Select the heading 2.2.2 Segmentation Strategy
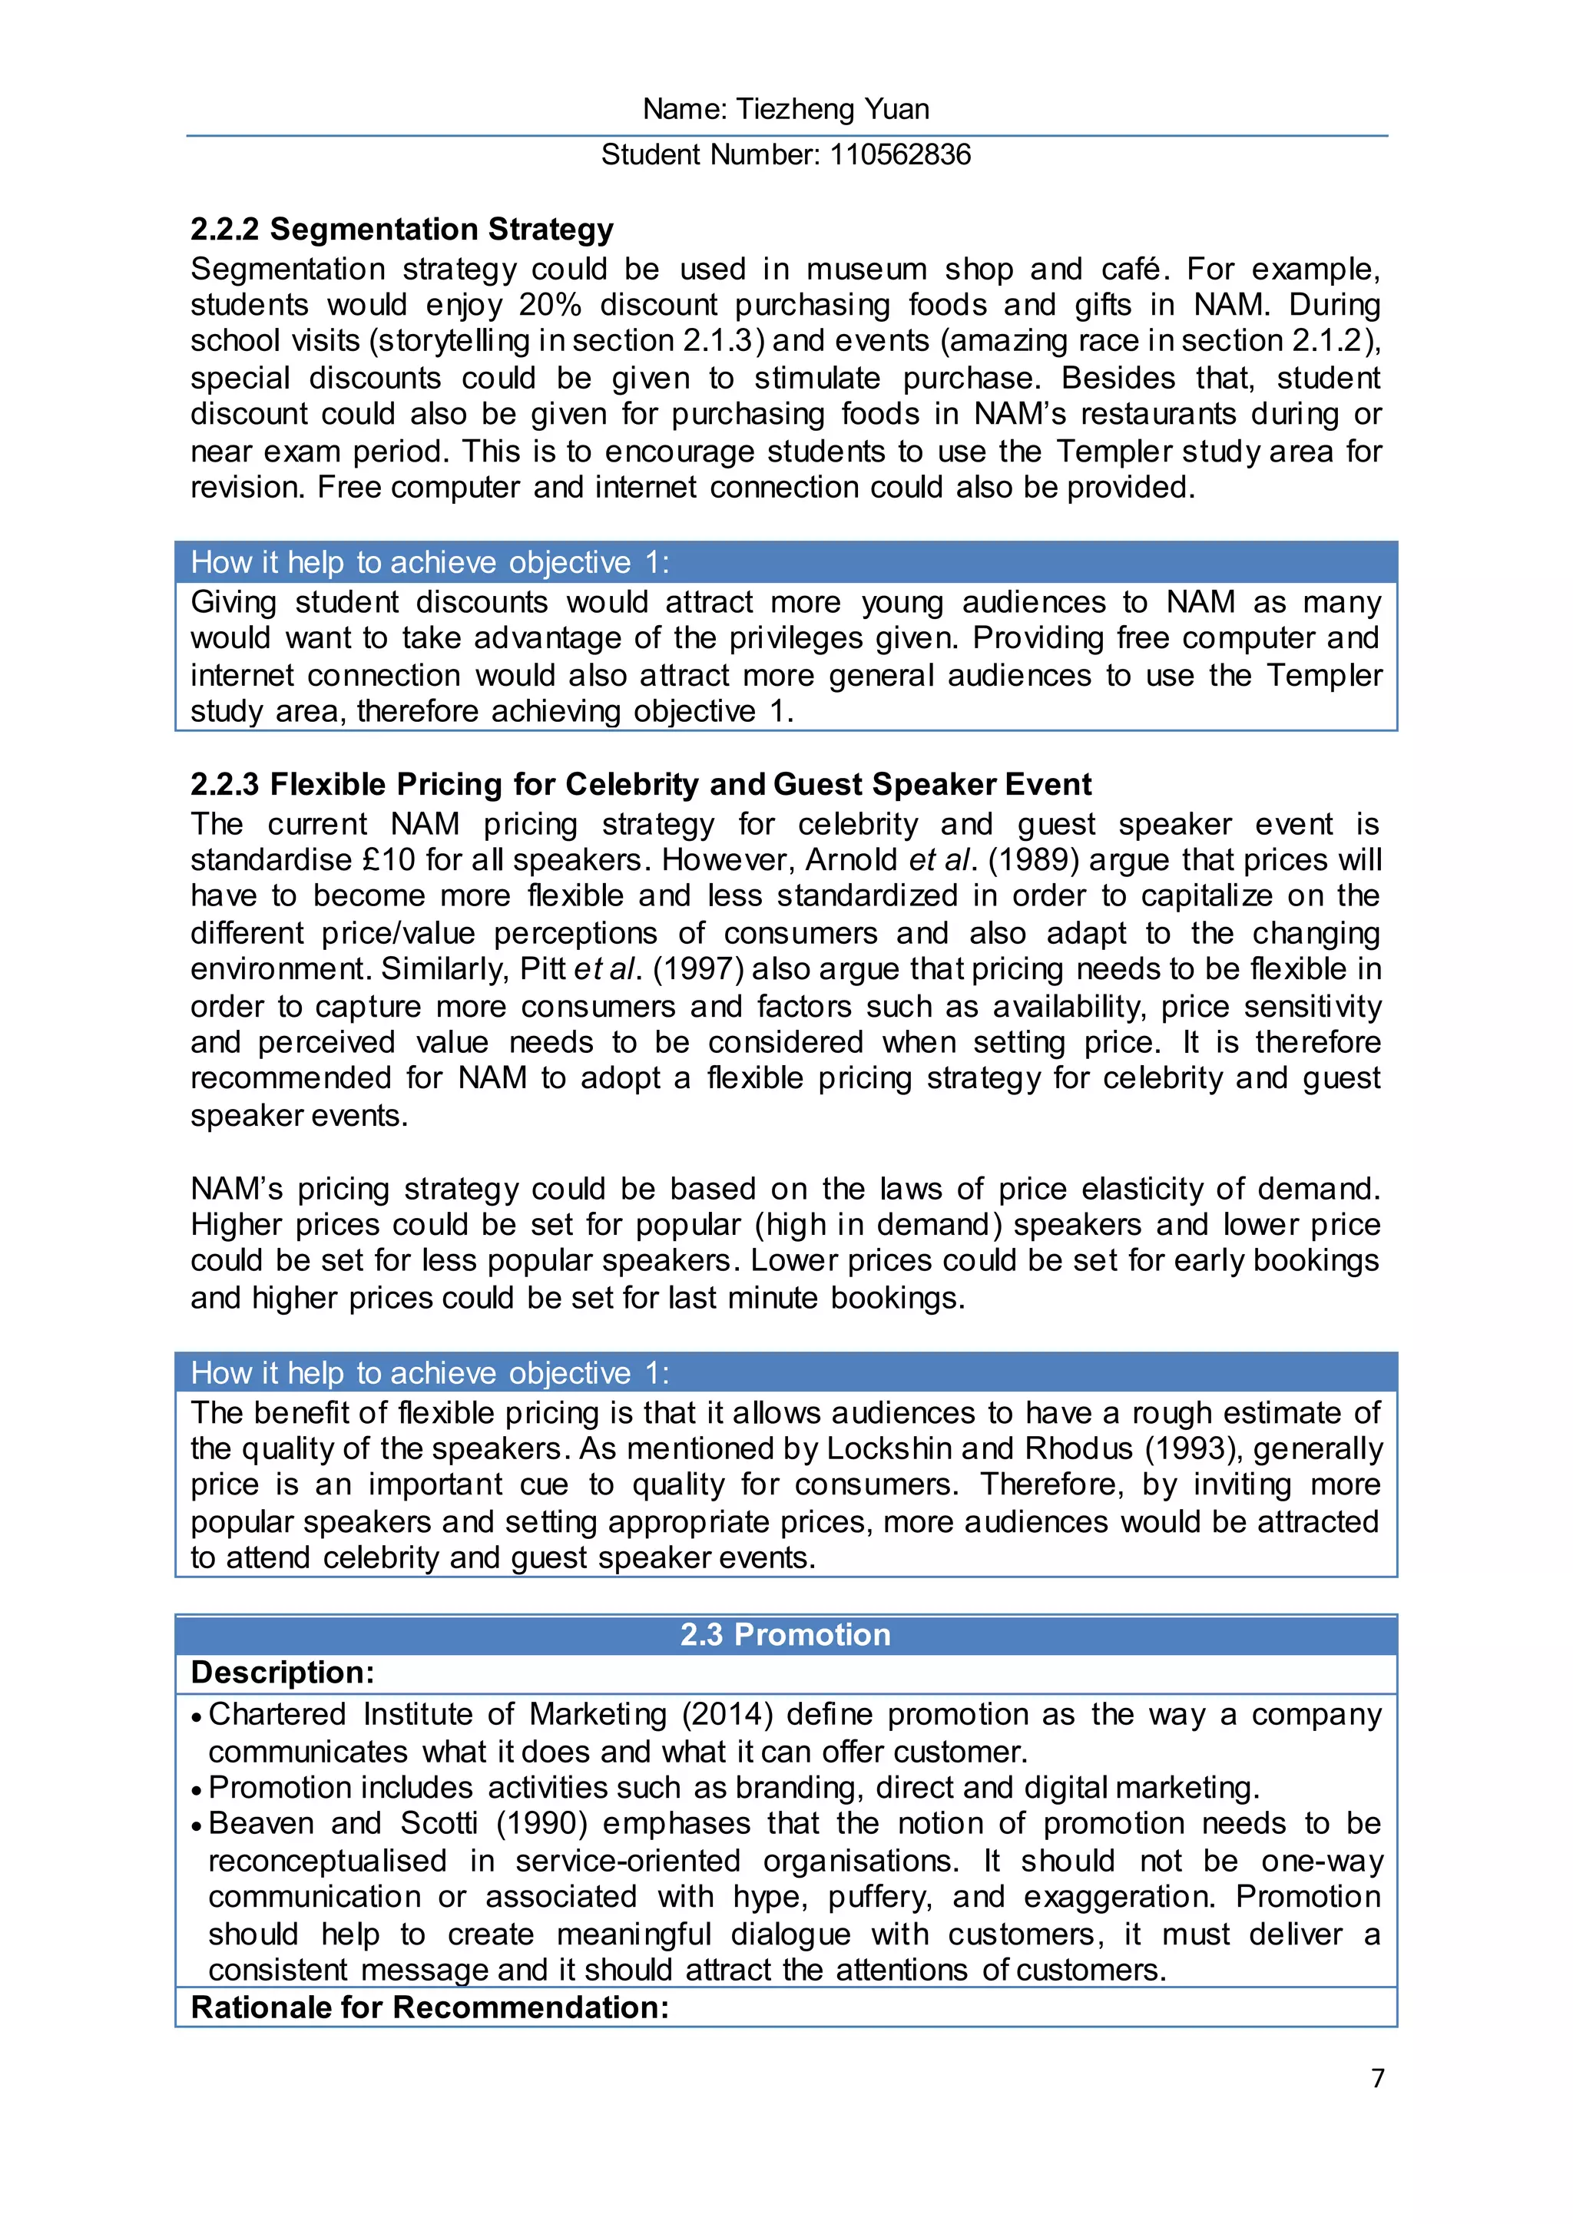click(402, 230)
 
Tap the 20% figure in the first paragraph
click(549, 305)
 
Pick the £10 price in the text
click(387, 860)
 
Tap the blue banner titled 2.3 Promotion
click(786, 1635)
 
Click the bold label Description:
click(283, 1673)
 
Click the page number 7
click(1377, 2079)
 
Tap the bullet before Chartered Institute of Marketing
click(197, 1716)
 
